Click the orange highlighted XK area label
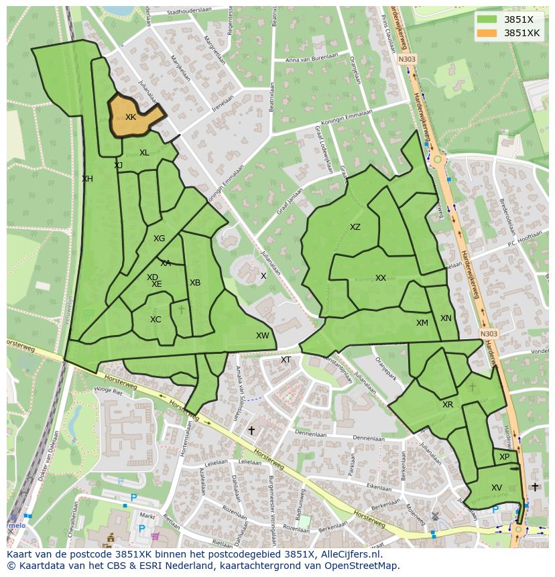(x=131, y=117)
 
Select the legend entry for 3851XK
(x=521, y=33)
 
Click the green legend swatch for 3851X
(x=487, y=19)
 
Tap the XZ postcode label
(x=355, y=227)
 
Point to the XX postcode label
(x=381, y=278)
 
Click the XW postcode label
(x=262, y=336)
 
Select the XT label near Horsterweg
(x=286, y=360)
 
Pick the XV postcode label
(x=497, y=488)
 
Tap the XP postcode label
(x=505, y=457)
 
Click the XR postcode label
(x=448, y=405)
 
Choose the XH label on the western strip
(x=87, y=179)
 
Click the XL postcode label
(x=144, y=153)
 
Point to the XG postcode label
(x=159, y=239)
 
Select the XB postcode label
(x=195, y=283)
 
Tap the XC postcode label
(x=156, y=320)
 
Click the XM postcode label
(x=422, y=323)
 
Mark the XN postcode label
(x=446, y=318)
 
